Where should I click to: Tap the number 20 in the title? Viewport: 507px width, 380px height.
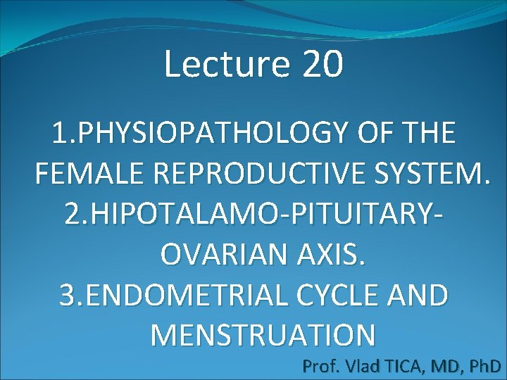click(323, 65)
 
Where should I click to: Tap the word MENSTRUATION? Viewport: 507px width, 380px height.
click(263, 335)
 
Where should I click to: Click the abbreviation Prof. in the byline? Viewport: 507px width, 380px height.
click(320, 366)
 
